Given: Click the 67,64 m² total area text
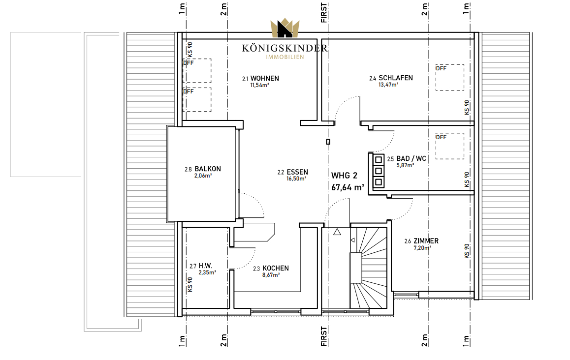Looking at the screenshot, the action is (348, 187).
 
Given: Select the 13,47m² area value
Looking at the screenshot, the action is (388, 85).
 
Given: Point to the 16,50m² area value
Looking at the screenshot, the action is (296, 179).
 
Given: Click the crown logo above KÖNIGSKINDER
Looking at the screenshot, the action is (285, 28).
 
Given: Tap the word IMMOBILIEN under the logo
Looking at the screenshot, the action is (285, 57).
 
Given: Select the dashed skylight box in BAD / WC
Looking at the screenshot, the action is (450, 146).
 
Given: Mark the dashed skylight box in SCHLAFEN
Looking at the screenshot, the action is (450, 77).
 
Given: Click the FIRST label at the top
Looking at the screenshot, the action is (324, 13).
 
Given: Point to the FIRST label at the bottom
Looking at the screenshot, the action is (324, 336).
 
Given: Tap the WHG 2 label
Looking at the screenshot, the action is (344, 176).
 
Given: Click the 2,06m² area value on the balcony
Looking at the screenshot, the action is (203, 176).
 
